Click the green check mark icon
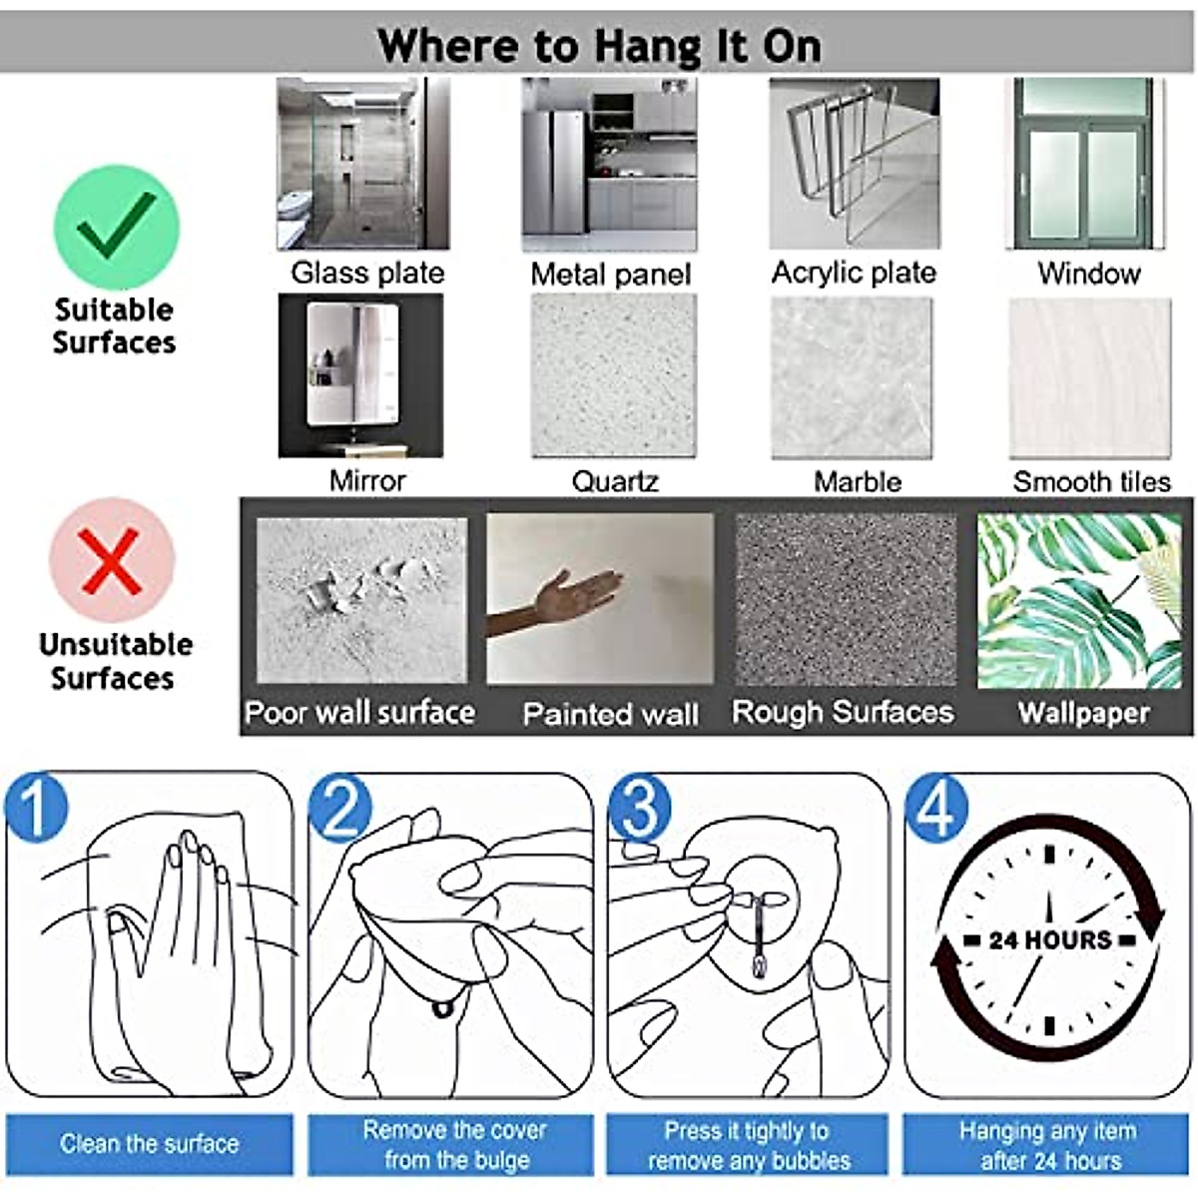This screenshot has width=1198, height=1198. pyautogui.click(x=116, y=227)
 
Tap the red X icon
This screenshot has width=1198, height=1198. pyautogui.click(x=112, y=561)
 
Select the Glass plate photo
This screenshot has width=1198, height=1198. pyautogui.click(x=363, y=164)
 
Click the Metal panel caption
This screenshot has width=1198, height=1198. pyautogui.click(x=611, y=275)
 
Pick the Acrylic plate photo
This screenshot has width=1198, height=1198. pyautogui.click(x=855, y=164)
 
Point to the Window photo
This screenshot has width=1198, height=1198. pyautogui.click(x=1085, y=164)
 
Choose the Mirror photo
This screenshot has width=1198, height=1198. pyautogui.click(x=360, y=376)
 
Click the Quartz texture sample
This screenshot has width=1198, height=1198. pyautogui.click(x=614, y=376)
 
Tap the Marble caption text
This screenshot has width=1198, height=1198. pyautogui.click(x=858, y=482)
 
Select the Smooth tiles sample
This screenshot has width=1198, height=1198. pyautogui.click(x=1090, y=378)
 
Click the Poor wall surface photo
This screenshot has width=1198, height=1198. pyautogui.click(x=361, y=601)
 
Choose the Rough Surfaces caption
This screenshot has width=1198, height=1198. pyautogui.click(x=843, y=712)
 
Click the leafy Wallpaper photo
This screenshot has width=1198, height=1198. pyautogui.click(x=1079, y=601)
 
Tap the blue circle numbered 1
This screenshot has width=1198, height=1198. pyautogui.click(x=36, y=807)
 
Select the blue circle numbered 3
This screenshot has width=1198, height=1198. pyautogui.click(x=640, y=807)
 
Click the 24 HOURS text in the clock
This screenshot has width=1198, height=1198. pyautogui.click(x=1049, y=940)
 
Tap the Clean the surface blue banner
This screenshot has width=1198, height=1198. pyautogui.click(x=149, y=1144)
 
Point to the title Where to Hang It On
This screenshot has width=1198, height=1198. pyautogui.click(x=599, y=46)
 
